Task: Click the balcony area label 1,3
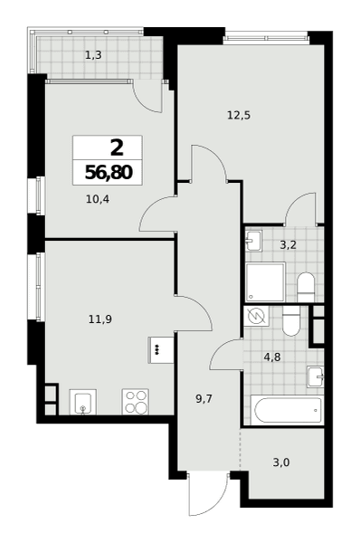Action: pos(93,54)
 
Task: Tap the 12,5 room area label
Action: pos(239,115)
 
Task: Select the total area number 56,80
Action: pos(109,172)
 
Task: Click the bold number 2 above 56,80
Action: pos(117,148)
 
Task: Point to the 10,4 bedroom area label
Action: pos(98,199)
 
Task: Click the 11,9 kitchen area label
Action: pos(100,319)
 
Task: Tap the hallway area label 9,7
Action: pos(204,399)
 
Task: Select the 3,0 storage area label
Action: pos(281,462)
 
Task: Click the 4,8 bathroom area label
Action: pos(272,357)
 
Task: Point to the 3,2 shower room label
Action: pos(288,246)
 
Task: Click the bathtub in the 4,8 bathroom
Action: pos(289,410)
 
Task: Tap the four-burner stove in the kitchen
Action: pos(136,402)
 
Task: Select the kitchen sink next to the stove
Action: pos(83,402)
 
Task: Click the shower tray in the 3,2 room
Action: pos(266,281)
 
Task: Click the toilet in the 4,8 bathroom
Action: pos(291,321)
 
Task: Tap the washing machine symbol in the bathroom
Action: pos(257,316)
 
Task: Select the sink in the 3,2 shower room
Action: pos(254,240)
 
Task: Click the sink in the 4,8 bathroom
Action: pos(316,376)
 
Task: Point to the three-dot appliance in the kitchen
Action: pos(161,350)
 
